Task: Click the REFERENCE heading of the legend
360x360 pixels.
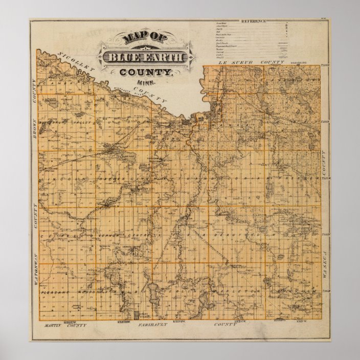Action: (x=255, y=21)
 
